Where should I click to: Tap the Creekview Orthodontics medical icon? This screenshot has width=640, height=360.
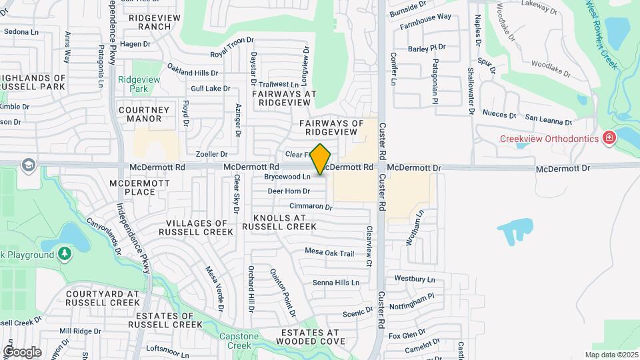609,139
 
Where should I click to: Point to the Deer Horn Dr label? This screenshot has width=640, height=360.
289,191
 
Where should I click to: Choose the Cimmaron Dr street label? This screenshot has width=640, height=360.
310,207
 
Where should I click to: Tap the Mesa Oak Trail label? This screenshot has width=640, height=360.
329,253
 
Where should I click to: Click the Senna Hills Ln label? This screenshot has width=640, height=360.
336,283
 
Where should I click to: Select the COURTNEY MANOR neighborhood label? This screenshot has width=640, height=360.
140,114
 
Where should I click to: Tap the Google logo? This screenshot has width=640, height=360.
22,351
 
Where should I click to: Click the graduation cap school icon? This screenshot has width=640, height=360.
28,165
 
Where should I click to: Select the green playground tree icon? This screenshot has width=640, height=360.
63,254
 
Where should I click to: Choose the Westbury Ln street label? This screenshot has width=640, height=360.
414,279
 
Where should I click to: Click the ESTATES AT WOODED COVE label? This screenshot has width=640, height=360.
309,337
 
